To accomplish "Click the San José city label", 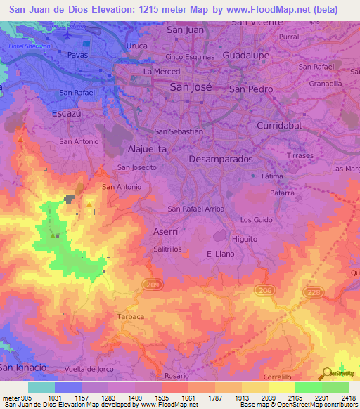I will pos(188,87).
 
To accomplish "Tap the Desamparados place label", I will pos(221,160).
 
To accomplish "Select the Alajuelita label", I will pos(148,150).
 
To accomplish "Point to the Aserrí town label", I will pos(167,231).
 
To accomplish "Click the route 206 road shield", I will pos(264,289).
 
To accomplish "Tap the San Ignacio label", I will pos(23,367).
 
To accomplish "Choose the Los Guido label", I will pos(255,220).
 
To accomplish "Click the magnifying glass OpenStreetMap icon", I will pos(326,373).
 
